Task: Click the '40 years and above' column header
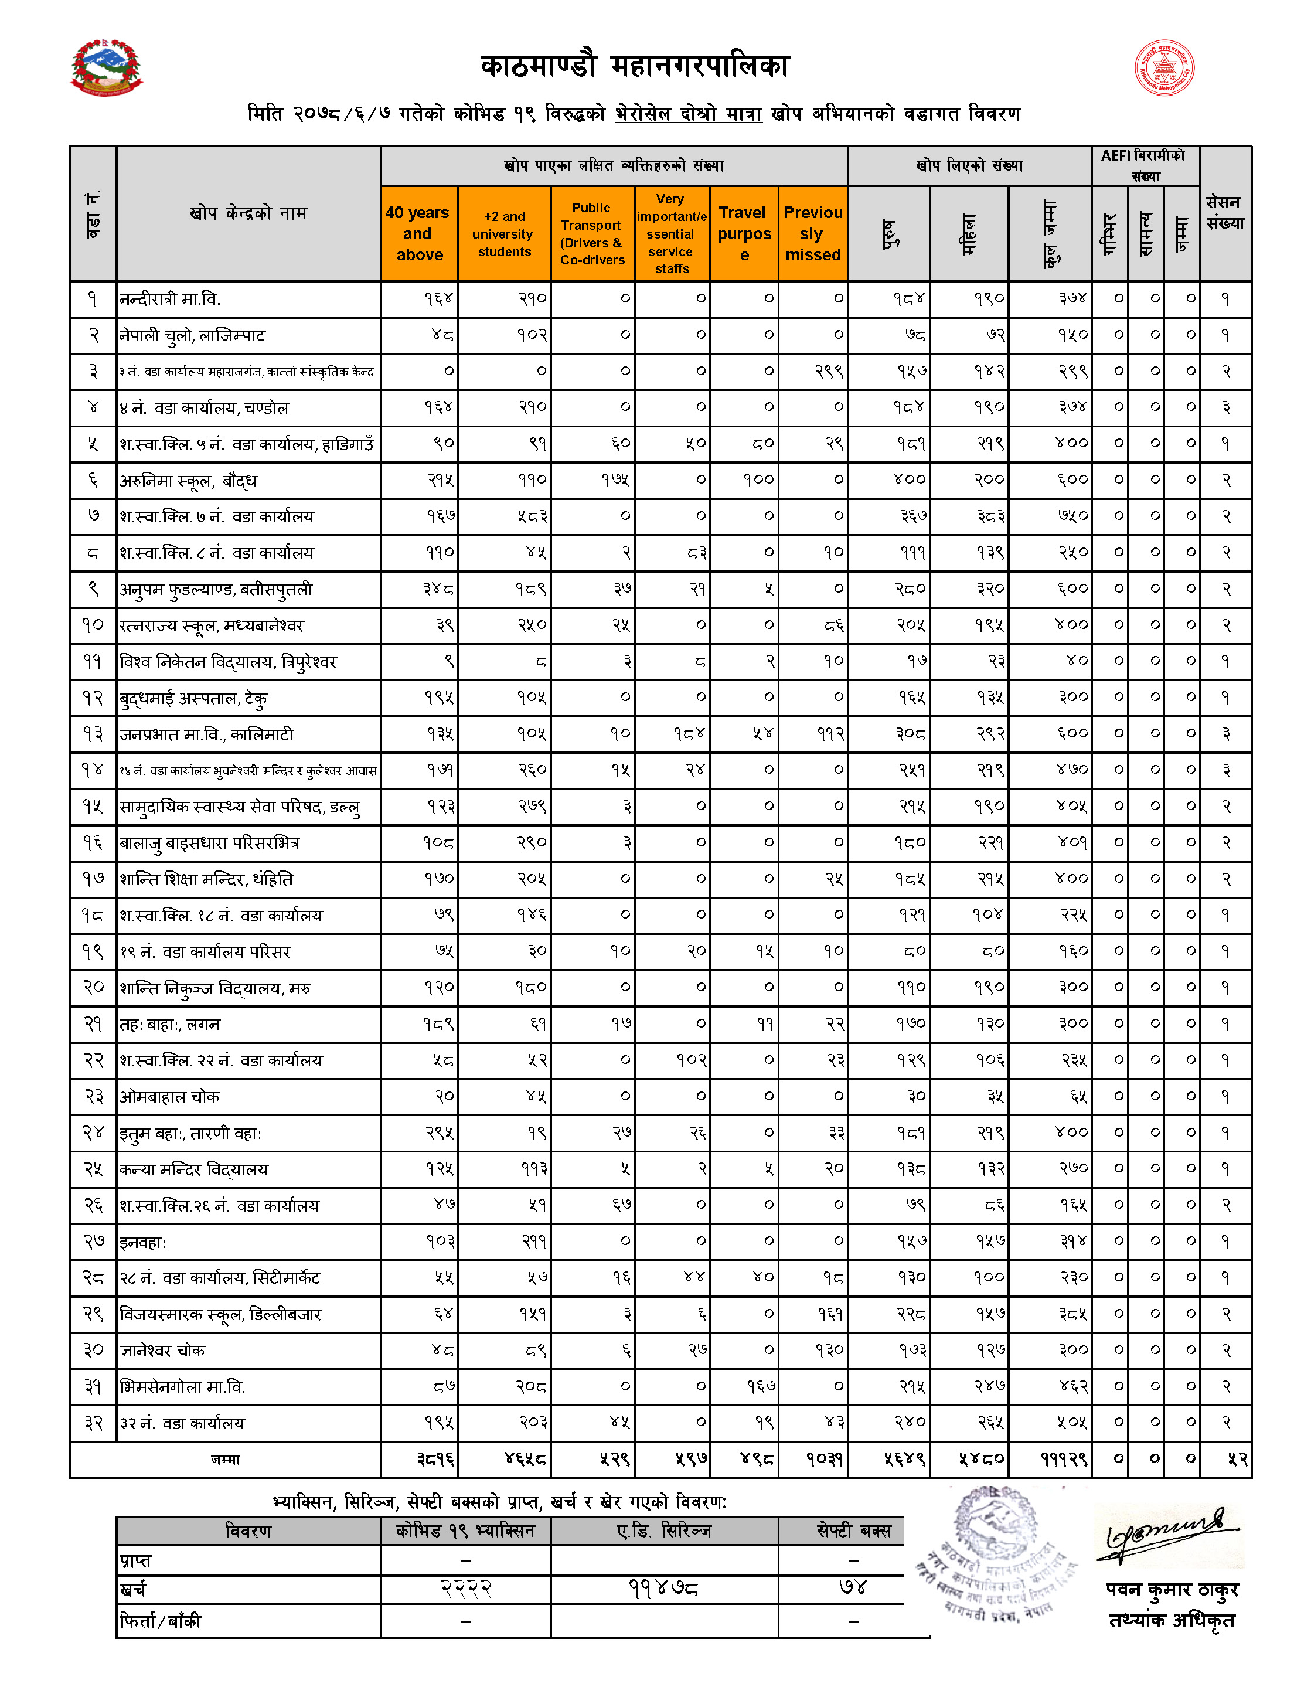click(420, 233)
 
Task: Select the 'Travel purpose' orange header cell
click(744, 233)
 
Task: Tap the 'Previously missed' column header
click(812, 233)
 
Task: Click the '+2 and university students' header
click(504, 234)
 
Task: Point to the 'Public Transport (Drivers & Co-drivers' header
click(592, 234)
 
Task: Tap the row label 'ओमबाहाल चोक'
click(169, 1096)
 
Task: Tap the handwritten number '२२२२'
click(466, 1587)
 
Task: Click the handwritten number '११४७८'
click(663, 1587)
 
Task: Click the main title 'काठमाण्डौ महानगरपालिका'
click(635, 67)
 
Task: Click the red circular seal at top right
click(1164, 67)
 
